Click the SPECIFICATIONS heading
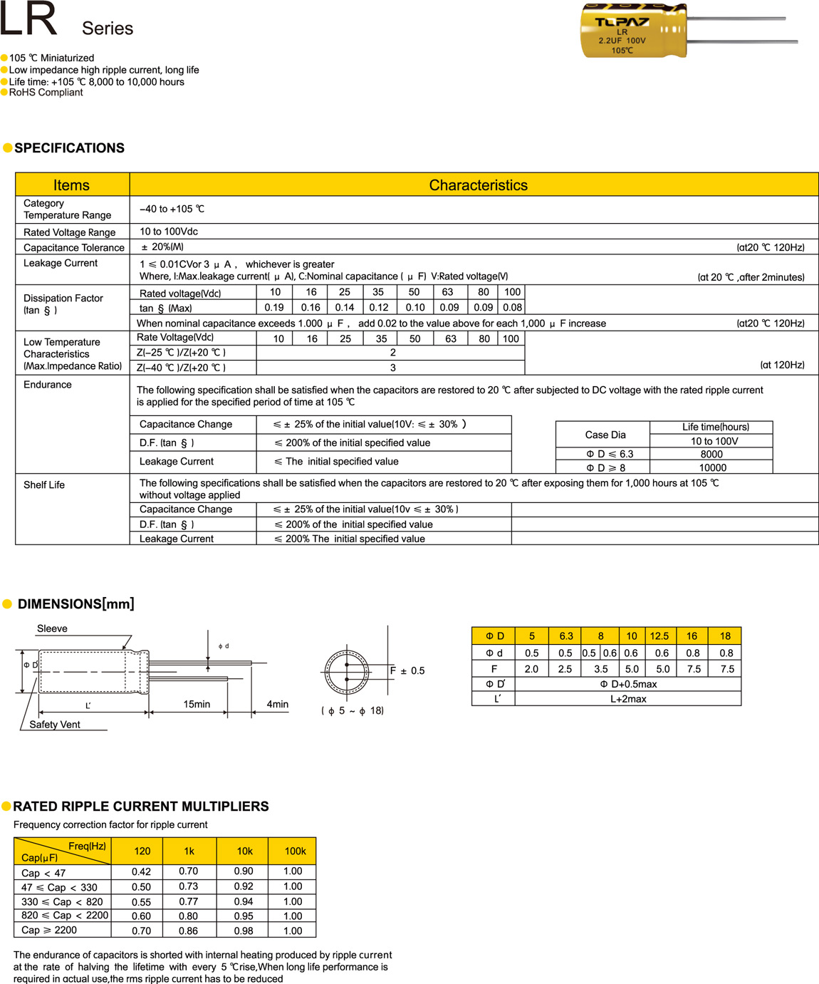pos(69,148)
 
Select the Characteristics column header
pos(478,185)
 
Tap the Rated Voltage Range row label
pos(69,232)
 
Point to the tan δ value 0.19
pos(274,308)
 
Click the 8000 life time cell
pos(711,454)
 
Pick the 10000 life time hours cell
pos(712,467)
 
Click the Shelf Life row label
pos(44,485)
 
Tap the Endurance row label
pos(48,385)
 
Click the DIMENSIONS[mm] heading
pos(75,604)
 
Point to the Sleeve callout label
pos(52,628)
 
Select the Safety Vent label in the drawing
pos(55,725)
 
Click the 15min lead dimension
pos(197,704)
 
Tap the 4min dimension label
pos(278,704)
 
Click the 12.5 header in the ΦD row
pos(659,636)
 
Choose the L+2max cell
pos(628,699)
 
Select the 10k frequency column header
pos(244,851)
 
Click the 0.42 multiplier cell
pos(141,871)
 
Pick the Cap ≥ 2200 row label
pos(49,931)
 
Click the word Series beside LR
pos(108,29)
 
